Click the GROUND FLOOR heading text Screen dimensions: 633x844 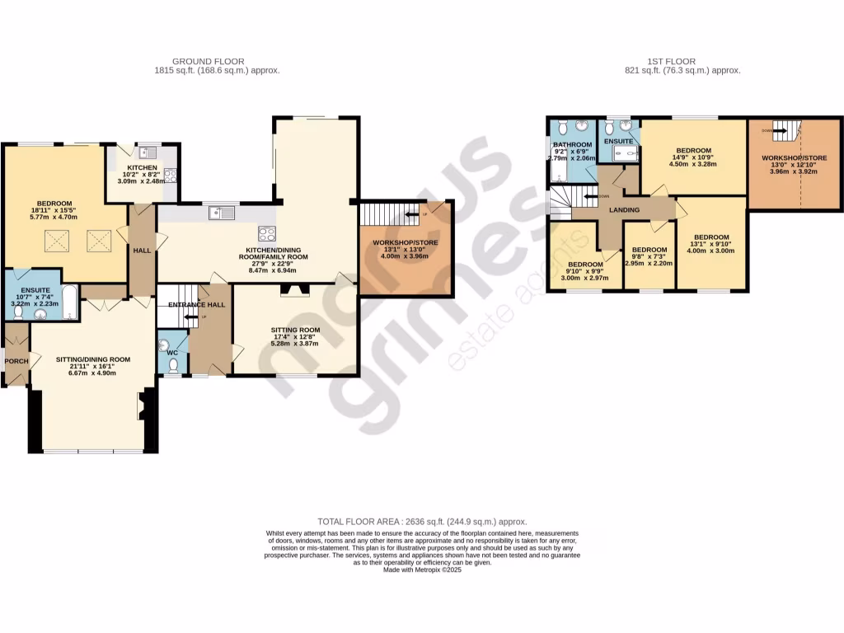pos(217,61)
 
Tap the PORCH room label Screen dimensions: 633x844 pos(16,361)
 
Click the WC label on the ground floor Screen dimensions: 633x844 pos(171,353)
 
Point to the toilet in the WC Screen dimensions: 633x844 pos(171,368)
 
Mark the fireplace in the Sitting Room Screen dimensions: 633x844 pos(295,289)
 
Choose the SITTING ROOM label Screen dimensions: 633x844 pos(295,329)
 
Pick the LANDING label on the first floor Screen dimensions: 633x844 pos(624,210)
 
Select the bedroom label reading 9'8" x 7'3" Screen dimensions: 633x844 pos(649,250)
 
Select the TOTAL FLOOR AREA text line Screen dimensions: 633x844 pos(422,522)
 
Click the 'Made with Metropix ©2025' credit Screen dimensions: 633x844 pos(422,570)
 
